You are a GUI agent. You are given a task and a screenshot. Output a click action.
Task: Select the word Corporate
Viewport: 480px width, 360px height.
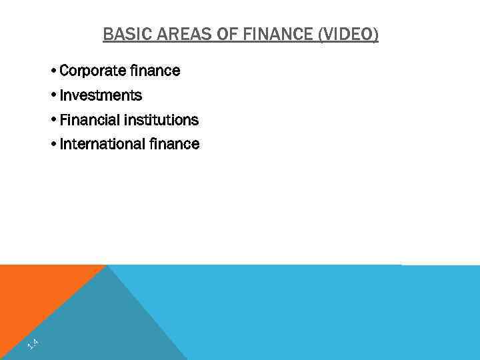tap(89, 71)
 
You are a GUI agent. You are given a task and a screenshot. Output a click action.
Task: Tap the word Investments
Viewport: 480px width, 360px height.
tap(101, 95)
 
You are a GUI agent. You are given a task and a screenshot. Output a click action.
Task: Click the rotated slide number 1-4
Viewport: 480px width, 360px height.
tap(32, 345)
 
